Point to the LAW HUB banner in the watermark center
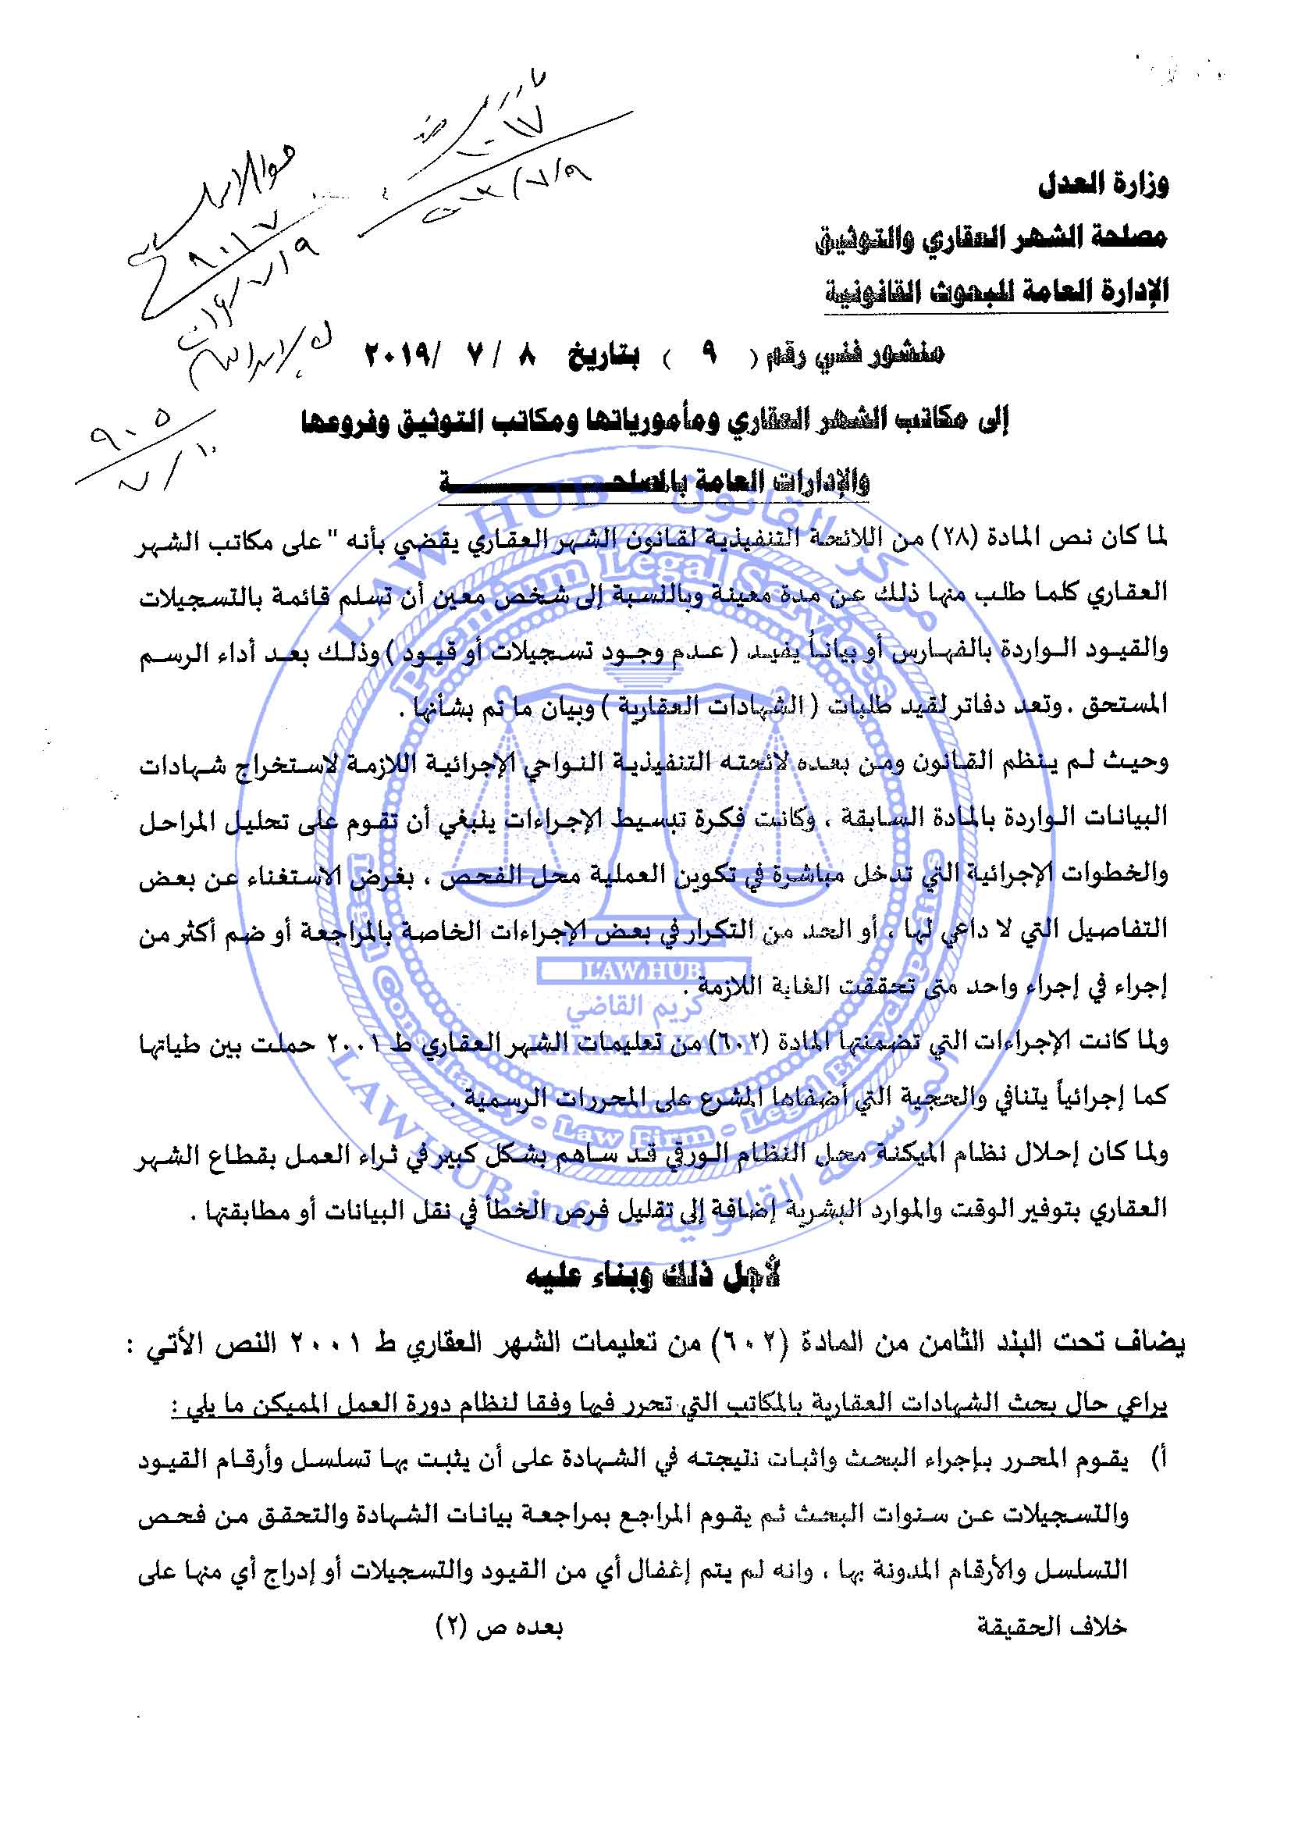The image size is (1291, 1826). [631, 970]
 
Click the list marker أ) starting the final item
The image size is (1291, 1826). [1158, 1459]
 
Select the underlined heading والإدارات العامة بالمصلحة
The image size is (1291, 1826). [654, 482]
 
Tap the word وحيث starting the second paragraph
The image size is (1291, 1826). [1142, 761]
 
